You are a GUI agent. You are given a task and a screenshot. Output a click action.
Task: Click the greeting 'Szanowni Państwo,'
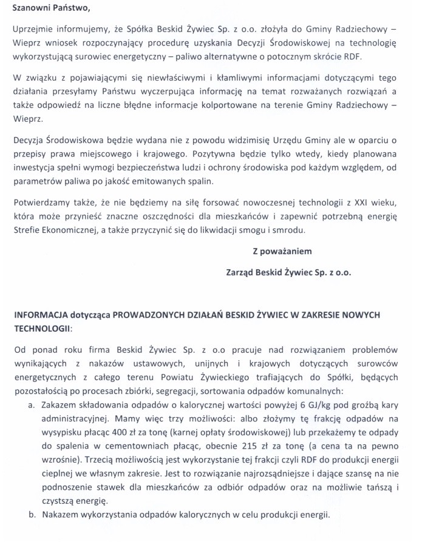[x=46, y=10]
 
